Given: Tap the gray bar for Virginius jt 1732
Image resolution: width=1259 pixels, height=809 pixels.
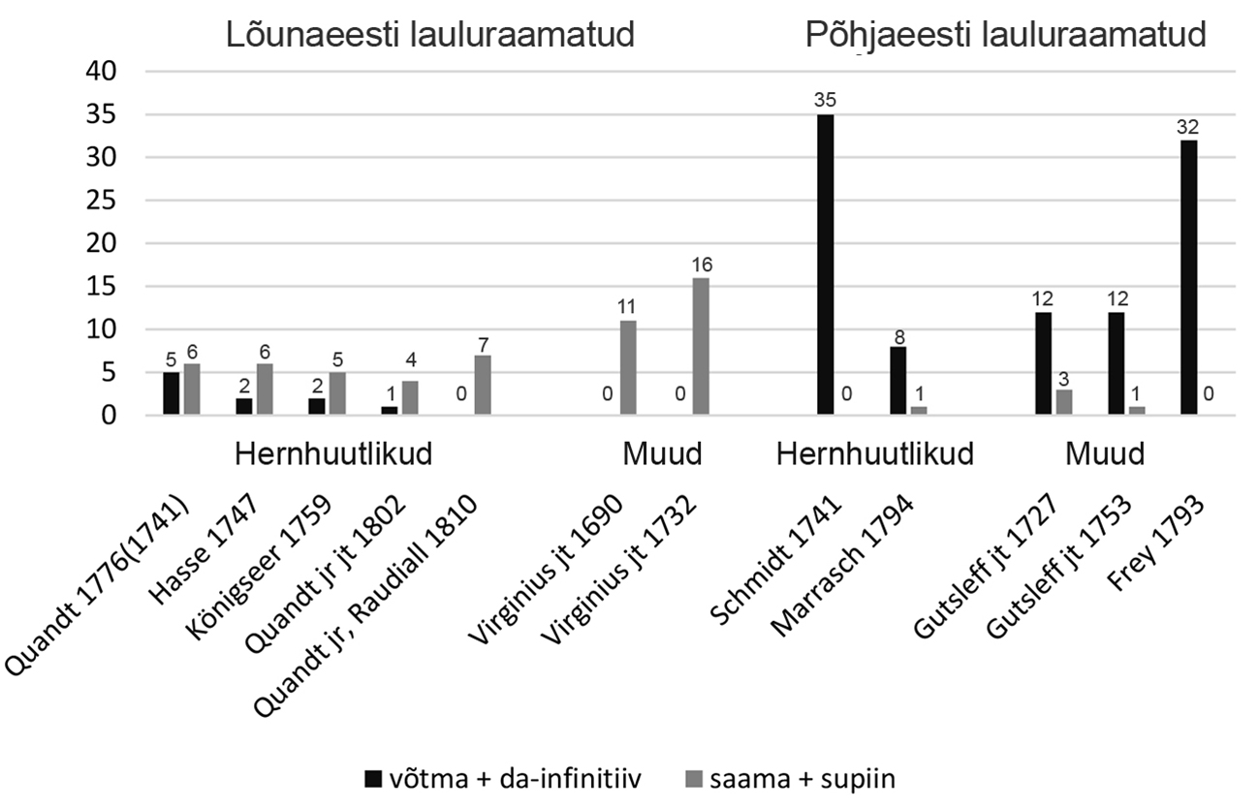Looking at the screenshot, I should (700, 347).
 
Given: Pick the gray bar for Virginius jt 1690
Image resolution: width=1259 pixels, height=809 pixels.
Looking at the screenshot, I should (627, 368).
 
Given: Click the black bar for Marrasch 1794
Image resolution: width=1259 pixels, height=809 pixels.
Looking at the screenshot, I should (897, 381).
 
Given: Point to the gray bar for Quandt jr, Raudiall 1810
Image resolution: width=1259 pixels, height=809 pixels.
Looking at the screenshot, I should (482, 386).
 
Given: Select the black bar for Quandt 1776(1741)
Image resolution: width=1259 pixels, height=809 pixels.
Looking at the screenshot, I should (172, 394).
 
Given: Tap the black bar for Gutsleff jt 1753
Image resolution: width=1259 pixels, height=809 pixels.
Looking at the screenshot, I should (1115, 363).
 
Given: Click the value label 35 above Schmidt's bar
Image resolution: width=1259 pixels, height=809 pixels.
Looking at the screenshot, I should (825, 101).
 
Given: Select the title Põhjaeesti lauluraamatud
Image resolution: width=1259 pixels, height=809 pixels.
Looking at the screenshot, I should (1005, 36).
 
